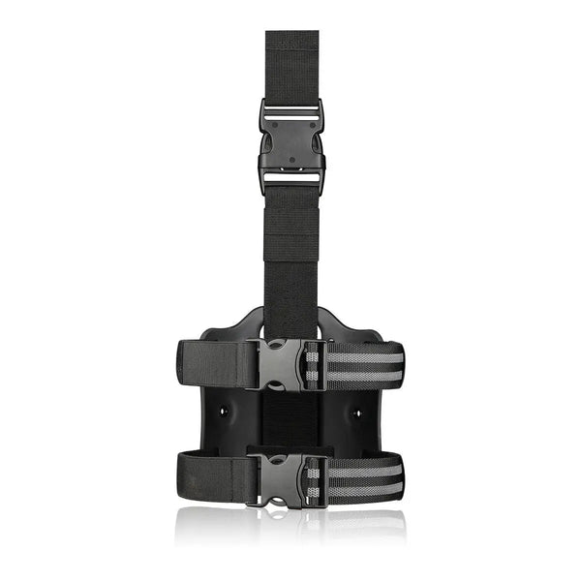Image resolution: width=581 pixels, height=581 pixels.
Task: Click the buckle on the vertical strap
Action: pos(291,145)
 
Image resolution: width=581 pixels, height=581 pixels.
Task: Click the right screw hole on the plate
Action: pos(356,411)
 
